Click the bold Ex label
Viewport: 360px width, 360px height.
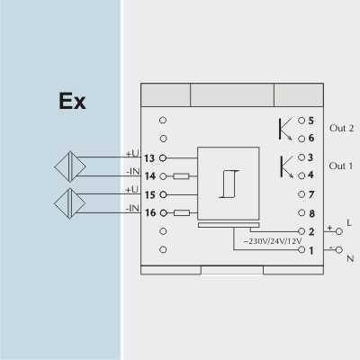point(72,101)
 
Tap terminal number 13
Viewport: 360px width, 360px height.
point(149,158)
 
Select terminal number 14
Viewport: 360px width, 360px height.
point(150,176)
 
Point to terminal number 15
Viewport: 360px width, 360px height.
point(150,194)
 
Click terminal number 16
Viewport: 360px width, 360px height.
point(150,212)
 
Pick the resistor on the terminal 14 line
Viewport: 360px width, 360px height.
point(181,176)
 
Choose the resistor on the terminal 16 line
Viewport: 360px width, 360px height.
point(182,213)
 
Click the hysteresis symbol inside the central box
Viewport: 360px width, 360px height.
point(229,184)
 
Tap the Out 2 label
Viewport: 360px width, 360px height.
point(341,128)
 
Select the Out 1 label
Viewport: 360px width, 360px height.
point(341,166)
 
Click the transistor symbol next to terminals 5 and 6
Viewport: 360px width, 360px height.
point(285,129)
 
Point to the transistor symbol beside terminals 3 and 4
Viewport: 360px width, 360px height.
point(286,166)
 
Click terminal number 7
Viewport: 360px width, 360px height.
point(311,194)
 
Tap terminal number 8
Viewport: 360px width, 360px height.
point(311,213)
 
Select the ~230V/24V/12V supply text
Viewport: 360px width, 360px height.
point(273,241)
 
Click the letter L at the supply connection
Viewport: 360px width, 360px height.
point(349,222)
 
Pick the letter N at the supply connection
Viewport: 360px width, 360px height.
point(350,258)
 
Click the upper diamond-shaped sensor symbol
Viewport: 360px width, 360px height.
point(70,166)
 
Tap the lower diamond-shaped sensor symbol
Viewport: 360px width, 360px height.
point(70,203)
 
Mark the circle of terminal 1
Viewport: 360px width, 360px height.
point(301,249)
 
